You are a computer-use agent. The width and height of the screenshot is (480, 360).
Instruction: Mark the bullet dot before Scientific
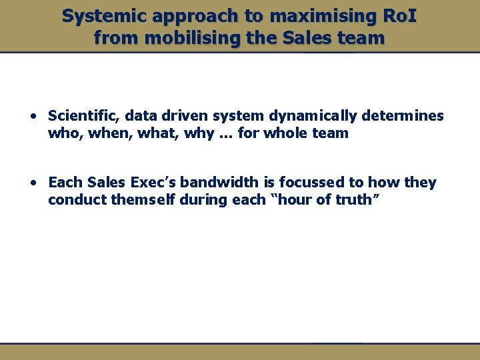click(33, 117)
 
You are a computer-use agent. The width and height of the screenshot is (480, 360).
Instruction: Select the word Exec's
click(151, 183)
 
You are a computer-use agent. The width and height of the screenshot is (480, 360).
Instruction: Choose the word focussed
click(312, 183)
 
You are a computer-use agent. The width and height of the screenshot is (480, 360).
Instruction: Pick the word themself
click(141, 200)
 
